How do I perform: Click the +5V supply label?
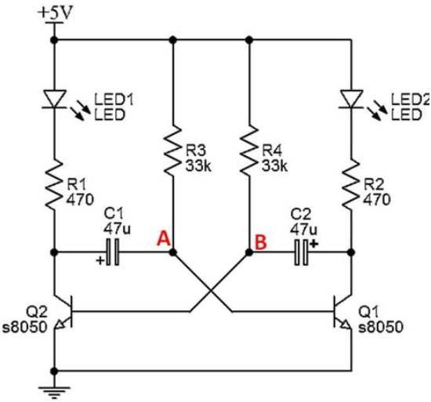point(56,13)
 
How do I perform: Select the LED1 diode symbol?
point(54,99)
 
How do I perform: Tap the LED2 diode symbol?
point(351,99)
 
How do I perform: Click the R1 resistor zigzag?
point(54,185)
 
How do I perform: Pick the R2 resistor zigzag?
point(351,185)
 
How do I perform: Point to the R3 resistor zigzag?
point(172,150)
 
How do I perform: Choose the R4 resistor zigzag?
point(249,150)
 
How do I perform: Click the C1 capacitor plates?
point(113,252)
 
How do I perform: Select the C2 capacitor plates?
point(301,252)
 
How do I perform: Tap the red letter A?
point(164,238)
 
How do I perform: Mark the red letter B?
point(261,242)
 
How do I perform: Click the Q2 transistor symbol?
point(63,312)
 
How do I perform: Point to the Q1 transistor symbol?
point(342,312)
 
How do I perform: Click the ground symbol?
point(54,393)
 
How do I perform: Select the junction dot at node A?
point(172,252)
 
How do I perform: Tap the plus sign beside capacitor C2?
point(314,244)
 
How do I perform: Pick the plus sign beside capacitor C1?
point(100,260)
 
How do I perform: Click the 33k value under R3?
point(198,166)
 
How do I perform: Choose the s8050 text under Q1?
point(381,327)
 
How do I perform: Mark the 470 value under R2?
point(377,200)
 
